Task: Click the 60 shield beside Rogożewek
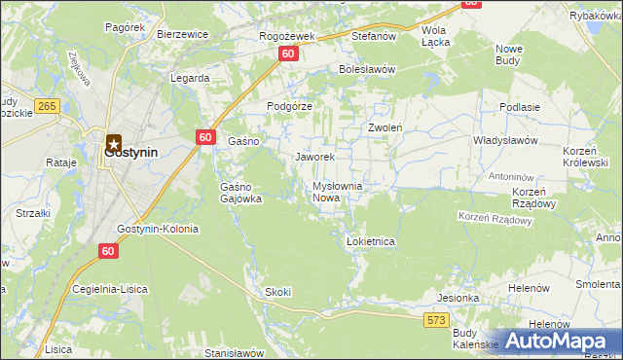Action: (x=288, y=55)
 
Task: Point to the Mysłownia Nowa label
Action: (x=337, y=192)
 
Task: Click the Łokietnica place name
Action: (x=370, y=241)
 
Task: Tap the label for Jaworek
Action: (x=314, y=157)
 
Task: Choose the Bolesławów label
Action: (x=366, y=70)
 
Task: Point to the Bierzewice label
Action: (x=183, y=34)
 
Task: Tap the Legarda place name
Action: (x=190, y=78)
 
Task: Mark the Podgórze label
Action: (x=289, y=107)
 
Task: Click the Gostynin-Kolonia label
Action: (x=157, y=230)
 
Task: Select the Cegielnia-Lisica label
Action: (x=115, y=289)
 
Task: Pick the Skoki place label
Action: (x=277, y=292)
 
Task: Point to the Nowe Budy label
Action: (x=509, y=54)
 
